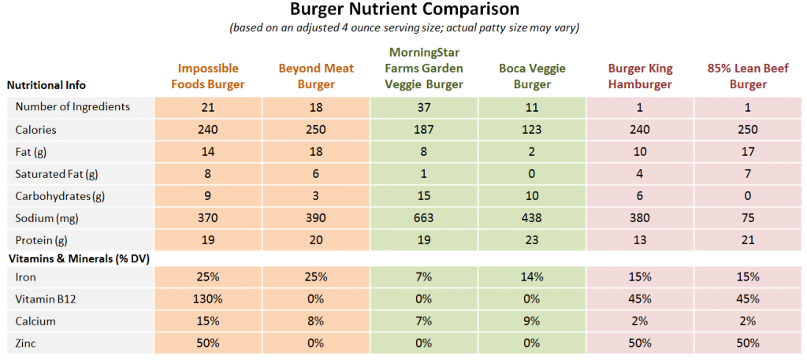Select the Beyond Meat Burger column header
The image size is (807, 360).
coord(315,76)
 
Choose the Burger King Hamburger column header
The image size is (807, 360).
coord(639,76)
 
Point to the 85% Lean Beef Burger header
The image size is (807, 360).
coord(747,76)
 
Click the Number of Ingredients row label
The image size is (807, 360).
coord(73,107)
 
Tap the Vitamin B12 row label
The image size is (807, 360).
coord(46,299)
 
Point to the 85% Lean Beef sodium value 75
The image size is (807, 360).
coord(747,217)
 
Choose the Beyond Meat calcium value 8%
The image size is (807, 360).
coord(315,321)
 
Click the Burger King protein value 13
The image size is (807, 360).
coord(639,239)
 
